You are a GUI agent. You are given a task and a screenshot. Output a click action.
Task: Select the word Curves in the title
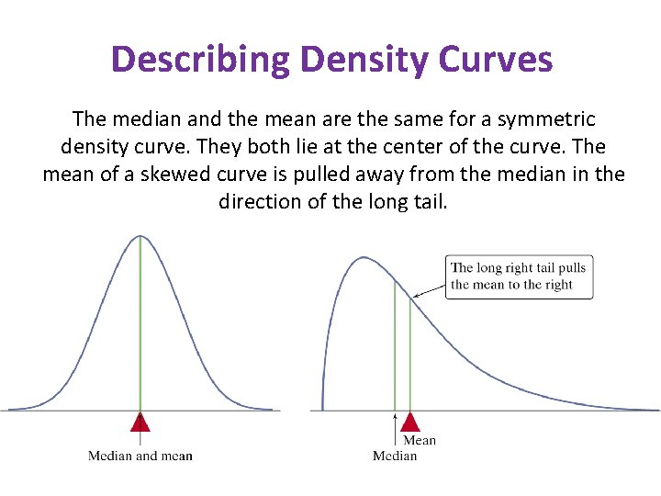tap(496, 60)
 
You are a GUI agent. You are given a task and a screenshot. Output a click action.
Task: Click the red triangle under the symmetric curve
tap(140, 422)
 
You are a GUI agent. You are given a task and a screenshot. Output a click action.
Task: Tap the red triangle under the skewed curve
tap(410, 422)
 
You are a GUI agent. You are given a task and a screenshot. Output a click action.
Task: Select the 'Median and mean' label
tap(140, 456)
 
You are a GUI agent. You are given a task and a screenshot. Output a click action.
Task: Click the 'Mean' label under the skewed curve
tap(420, 441)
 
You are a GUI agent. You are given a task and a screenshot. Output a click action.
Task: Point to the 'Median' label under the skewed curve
tap(395, 456)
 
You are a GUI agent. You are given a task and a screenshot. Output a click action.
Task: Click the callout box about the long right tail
tap(519, 276)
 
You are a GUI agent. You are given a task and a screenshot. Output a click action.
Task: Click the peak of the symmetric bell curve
tap(140, 236)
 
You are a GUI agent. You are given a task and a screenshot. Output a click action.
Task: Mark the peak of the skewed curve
tap(364, 258)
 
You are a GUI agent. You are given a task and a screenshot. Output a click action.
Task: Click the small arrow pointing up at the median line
tap(395, 425)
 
